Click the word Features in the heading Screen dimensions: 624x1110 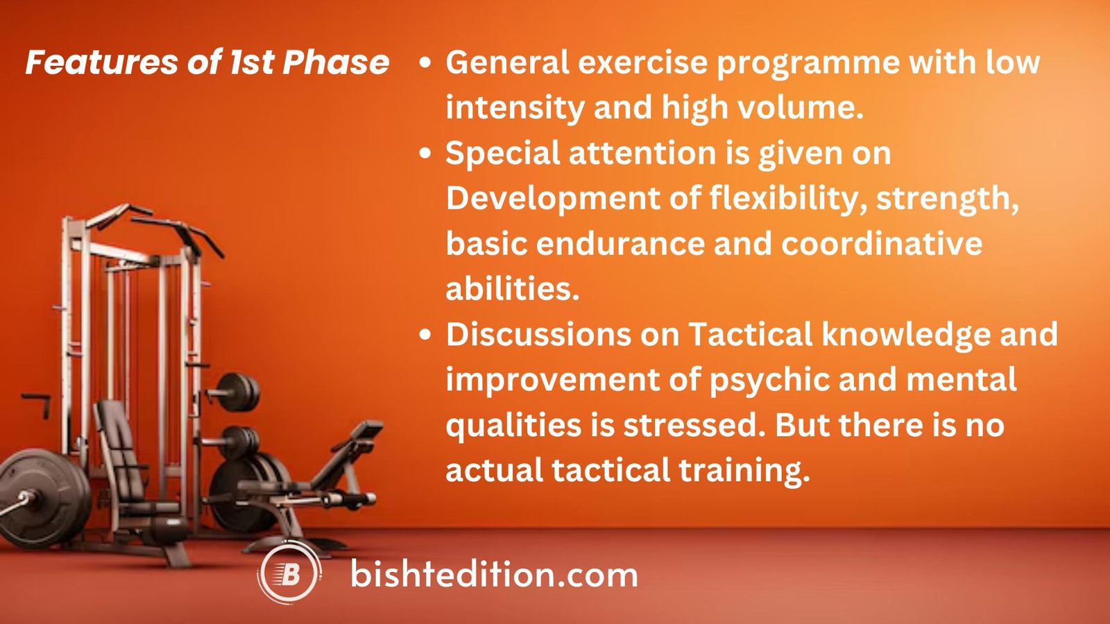tap(101, 62)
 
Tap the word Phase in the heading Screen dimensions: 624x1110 tap(336, 62)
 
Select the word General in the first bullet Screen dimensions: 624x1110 tap(507, 62)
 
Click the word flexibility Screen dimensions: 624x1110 tap(787, 199)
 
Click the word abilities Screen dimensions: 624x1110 tap(512, 289)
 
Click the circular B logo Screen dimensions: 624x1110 tap(289, 574)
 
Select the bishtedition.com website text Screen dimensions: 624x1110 tap(494, 575)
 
